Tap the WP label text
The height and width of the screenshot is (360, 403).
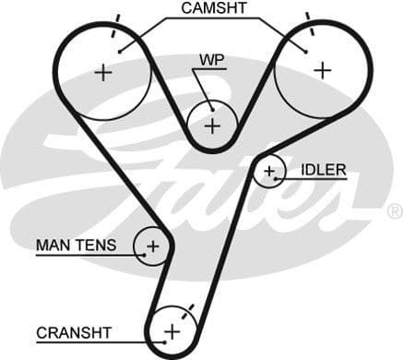tap(210, 61)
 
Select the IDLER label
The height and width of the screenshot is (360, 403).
tap(323, 170)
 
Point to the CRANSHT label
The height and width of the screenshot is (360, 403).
tap(74, 331)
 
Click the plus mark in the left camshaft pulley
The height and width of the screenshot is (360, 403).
tap(102, 72)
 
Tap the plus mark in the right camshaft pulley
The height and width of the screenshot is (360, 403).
tap(322, 69)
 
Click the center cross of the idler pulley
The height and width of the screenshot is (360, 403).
tap(269, 171)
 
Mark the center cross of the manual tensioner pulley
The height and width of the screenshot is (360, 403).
tap(153, 246)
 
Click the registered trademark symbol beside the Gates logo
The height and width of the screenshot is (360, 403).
tap(397, 210)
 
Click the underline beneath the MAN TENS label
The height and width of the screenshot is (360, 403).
tap(88, 254)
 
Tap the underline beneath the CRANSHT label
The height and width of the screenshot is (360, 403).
tap(92, 341)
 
